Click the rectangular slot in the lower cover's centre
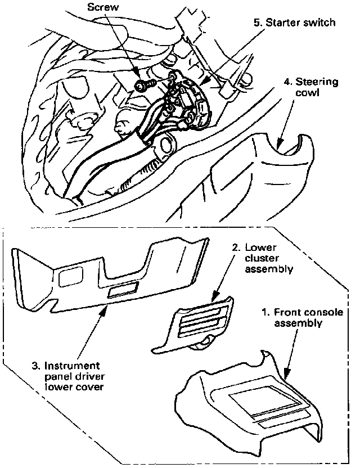click(124, 290)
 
